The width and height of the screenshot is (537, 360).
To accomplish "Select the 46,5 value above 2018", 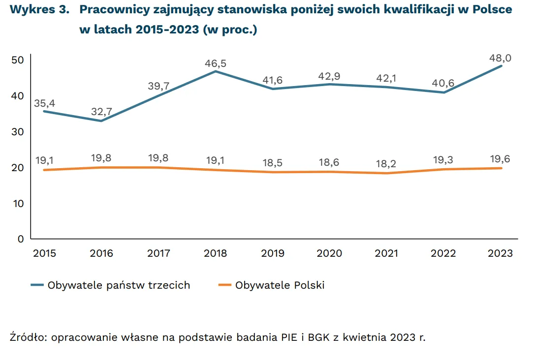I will click(x=216, y=63).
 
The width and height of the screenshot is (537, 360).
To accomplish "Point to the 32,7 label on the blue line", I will click(x=101, y=112).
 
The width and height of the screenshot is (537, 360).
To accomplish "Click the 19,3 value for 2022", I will click(x=443, y=160).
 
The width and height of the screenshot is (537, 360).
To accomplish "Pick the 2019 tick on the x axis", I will click(x=272, y=253).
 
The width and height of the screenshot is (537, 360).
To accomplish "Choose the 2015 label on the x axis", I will click(x=44, y=253).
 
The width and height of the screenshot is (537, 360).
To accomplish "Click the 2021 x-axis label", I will click(x=386, y=253).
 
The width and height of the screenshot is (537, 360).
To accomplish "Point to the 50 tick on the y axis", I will click(x=18, y=60).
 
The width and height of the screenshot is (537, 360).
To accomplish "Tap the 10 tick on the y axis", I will click(x=18, y=203).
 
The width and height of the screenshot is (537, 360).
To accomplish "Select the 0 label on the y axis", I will click(x=21, y=239).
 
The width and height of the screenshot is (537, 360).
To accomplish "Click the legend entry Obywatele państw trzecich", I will click(x=119, y=285).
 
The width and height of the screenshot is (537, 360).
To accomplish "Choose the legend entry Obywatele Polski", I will click(x=280, y=285).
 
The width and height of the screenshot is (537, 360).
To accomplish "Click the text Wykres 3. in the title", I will click(x=38, y=10).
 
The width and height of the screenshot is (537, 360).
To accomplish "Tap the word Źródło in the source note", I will click(x=28, y=337).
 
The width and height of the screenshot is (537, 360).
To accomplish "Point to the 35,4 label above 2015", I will click(x=44, y=103).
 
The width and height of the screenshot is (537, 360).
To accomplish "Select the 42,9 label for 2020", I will click(x=329, y=76).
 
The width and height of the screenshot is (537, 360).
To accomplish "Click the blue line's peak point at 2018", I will click(x=216, y=71).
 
